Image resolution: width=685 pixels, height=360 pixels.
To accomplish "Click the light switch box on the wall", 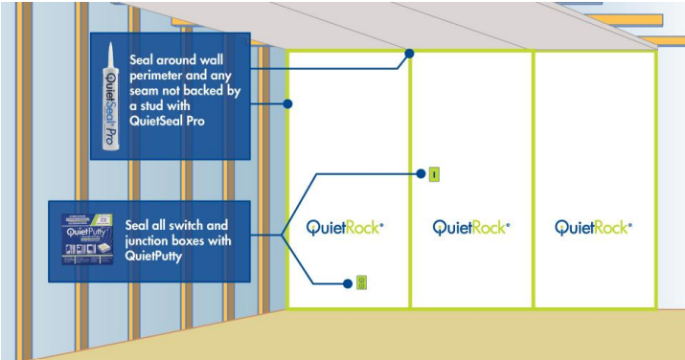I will (433, 175).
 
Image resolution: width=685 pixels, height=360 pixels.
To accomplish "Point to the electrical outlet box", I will (361, 282).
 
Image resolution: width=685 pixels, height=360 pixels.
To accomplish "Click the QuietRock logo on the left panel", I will (345, 227).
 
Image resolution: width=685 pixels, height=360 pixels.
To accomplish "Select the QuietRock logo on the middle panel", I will (470, 227).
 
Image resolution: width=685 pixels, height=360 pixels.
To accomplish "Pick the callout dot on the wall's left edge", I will (288, 103).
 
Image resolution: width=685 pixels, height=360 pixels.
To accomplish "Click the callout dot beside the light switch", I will (419, 175).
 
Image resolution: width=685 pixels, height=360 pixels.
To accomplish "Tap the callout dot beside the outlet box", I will (347, 282).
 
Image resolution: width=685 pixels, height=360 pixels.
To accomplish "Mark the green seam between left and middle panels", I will (410, 191).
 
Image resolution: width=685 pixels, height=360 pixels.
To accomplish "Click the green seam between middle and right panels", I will (533, 191).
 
